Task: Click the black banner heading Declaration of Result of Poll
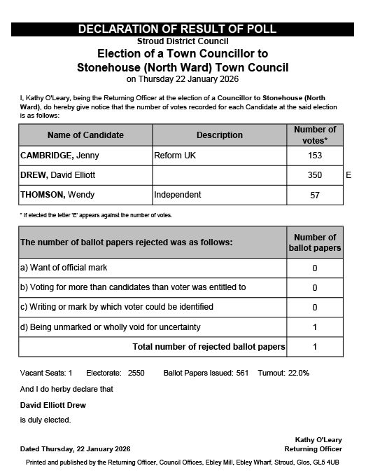[x=177, y=29]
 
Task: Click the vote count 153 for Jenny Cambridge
[x=314, y=155]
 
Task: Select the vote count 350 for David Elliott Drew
[x=314, y=174]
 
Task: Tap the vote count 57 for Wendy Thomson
[x=314, y=194]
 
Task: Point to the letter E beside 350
[x=349, y=174]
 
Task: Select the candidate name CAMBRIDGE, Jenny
[x=58, y=155]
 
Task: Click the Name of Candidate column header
[x=85, y=135]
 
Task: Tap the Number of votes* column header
[x=314, y=135]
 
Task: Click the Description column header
[x=219, y=135]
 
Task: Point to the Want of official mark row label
[x=64, y=268]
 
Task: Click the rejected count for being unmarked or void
[x=314, y=327]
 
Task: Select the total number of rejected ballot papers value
[x=314, y=346]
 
